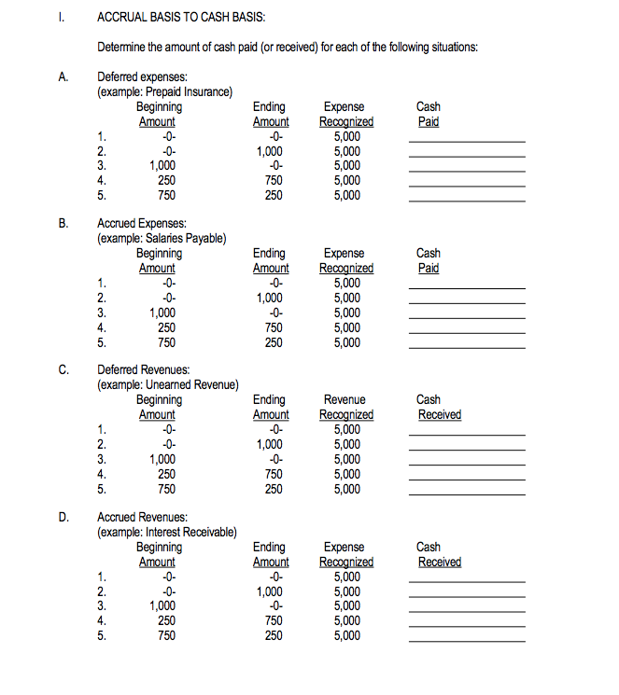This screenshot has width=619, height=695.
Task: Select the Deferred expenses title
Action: (x=142, y=77)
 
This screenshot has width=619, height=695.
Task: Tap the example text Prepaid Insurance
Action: (x=165, y=91)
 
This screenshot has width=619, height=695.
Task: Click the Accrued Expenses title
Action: (x=142, y=224)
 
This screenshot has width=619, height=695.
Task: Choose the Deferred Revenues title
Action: (x=143, y=369)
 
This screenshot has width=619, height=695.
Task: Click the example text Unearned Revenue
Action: (x=168, y=384)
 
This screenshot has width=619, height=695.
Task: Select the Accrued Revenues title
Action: (x=142, y=516)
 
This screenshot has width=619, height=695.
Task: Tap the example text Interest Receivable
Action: (x=167, y=531)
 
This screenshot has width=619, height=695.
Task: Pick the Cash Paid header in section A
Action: (x=429, y=114)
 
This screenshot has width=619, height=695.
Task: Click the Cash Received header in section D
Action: (x=439, y=554)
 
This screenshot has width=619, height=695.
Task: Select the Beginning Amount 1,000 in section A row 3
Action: (x=163, y=165)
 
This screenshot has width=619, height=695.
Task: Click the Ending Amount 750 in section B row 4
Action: (x=270, y=327)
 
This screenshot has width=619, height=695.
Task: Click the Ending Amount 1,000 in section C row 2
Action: (x=270, y=444)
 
